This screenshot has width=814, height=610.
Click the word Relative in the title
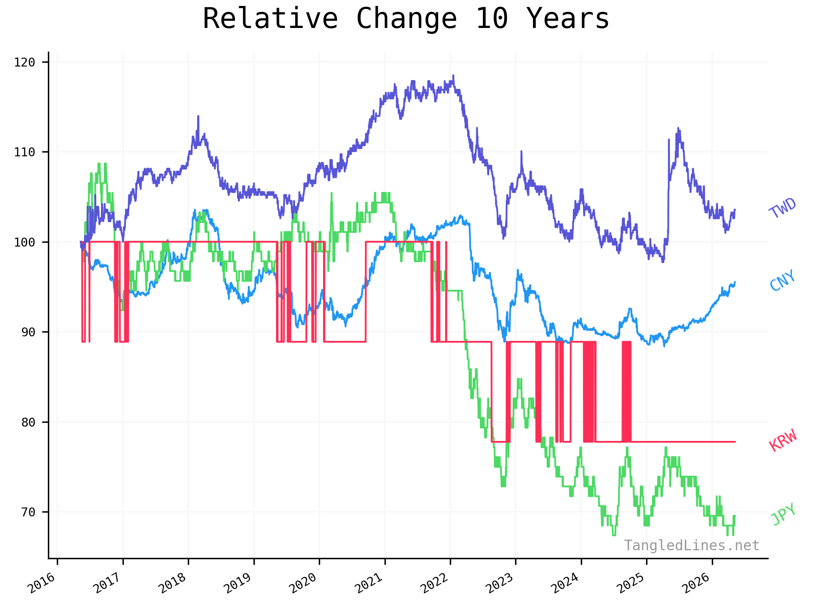pyautogui.click(x=270, y=19)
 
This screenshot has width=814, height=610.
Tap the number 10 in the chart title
pyautogui.click(x=492, y=19)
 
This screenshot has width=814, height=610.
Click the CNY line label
pyautogui.click(x=783, y=280)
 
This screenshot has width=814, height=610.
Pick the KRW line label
pyautogui.click(x=783, y=440)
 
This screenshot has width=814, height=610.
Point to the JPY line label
pyautogui.click(x=783, y=514)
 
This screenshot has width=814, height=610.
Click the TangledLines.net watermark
pyautogui.click(x=691, y=546)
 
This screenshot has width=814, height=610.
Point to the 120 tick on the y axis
pyautogui.click(x=24, y=62)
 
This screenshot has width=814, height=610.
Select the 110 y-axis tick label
pyautogui.click(x=24, y=152)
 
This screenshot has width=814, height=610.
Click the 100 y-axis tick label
pyautogui.click(x=24, y=242)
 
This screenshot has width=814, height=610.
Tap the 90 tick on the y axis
pyautogui.click(x=28, y=332)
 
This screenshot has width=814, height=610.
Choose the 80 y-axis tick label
pyautogui.click(x=28, y=422)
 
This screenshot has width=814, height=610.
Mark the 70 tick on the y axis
pyautogui.click(x=28, y=512)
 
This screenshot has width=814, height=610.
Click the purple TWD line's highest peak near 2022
pyautogui.click(x=453, y=75)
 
